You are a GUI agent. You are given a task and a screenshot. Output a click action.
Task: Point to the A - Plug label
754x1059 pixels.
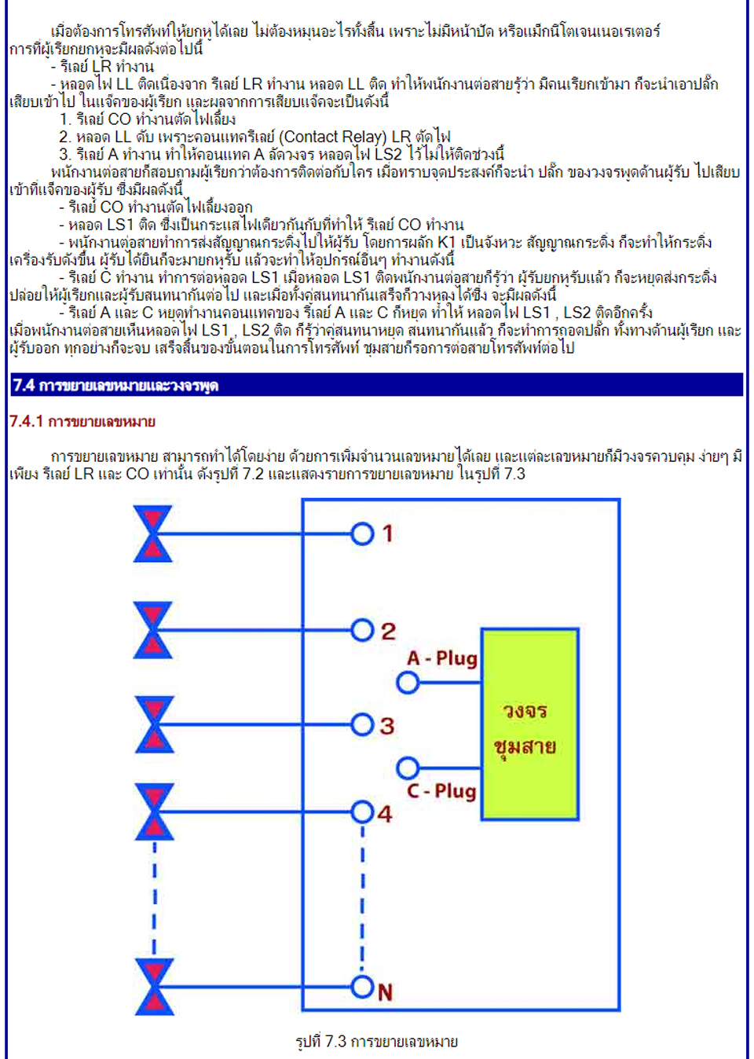[x=442, y=658]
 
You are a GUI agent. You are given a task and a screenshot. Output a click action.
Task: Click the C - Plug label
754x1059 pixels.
[x=441, y=790]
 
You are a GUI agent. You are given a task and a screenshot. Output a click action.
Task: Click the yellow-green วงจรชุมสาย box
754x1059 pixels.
[x=530, y=724]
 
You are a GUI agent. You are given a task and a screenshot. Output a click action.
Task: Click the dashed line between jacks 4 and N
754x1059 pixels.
[x=363, y=900]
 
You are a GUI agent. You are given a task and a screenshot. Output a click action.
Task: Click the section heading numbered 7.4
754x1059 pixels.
[x=115, y=385]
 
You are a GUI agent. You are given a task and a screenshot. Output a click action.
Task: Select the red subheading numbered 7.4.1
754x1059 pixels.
[x=82, y=421]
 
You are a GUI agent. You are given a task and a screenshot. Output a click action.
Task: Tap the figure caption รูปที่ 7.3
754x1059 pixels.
[x=377, y=1041]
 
